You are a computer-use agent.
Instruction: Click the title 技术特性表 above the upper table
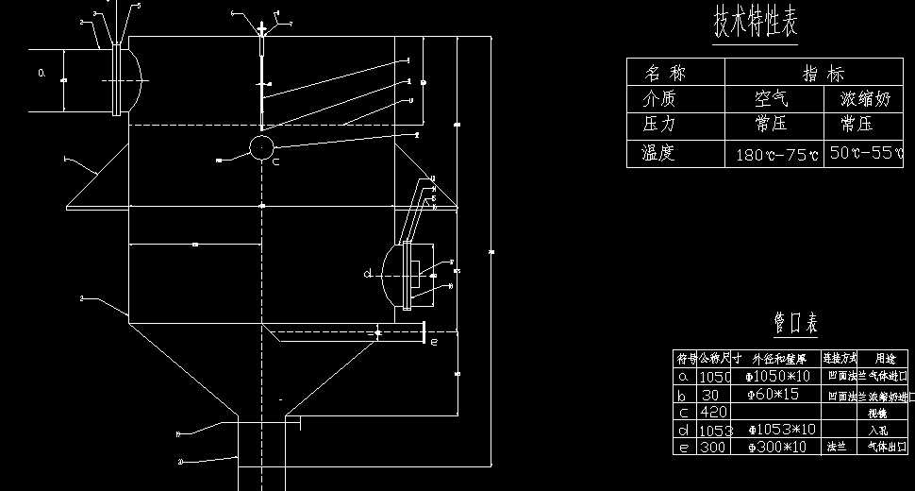pyautogui.click(x=756, y=24)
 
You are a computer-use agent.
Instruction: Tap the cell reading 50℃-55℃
pyautogui.click(x=866, y=152)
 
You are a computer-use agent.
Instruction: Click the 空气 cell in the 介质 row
pyautogui.click(x=772, y=98)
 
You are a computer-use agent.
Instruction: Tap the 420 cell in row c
pyautogui.click(x=712, y=412)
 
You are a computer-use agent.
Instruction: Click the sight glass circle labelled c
pyautogui.click(x=261, y=146)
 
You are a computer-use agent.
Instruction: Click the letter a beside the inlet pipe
pyautogui.click(x=41, y=72)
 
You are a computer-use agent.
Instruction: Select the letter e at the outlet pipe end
pyautogui.click(x=433, y=343)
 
